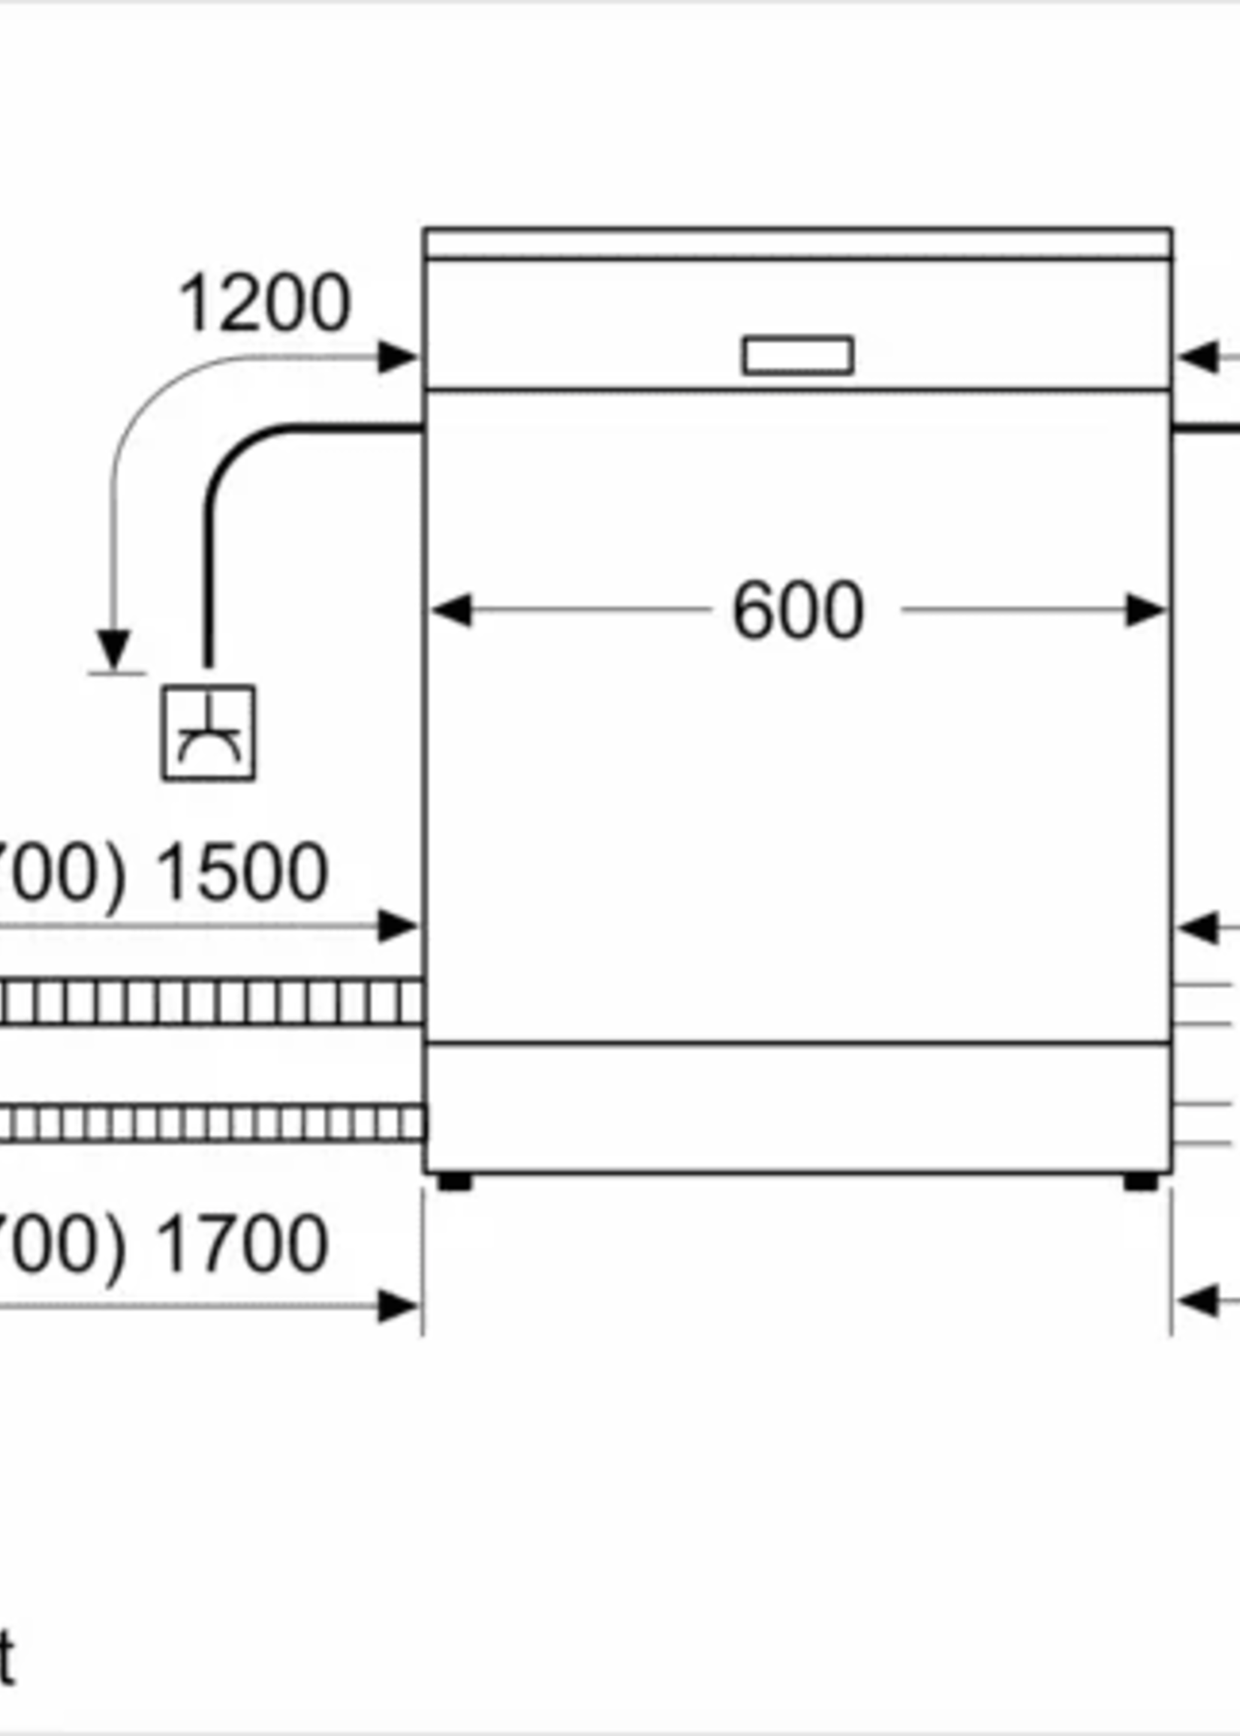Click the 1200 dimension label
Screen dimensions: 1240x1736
coord(263,304)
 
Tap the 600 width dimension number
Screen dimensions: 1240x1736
coord(798,611)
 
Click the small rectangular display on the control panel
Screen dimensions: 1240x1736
coord(798,356)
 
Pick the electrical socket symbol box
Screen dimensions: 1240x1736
coord(209,733)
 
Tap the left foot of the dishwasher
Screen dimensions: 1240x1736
coord(455,1183)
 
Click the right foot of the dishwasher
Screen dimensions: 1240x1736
coord(1141,1183)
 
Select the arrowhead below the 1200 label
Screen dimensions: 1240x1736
coord(397,357)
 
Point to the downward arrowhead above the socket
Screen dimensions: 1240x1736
coord(114,649)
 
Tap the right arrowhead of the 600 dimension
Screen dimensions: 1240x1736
coord(1145,611)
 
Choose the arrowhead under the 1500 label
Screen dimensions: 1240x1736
coord(397,926)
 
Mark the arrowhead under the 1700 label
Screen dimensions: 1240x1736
coord(397,1306)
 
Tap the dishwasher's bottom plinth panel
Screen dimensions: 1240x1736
coord(798,1106)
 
